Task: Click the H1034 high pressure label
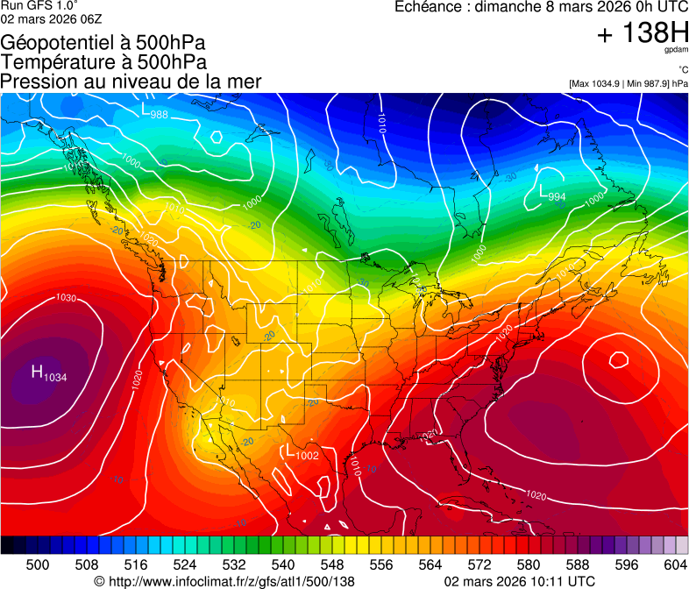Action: coord(49,373)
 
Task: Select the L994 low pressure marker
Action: coord(551,195)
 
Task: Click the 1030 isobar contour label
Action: coord(66,298)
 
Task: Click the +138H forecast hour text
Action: coord(642,34)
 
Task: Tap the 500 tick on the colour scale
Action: coord(38,565)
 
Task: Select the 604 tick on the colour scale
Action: coord(676,565)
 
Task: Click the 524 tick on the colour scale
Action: coord(185,565)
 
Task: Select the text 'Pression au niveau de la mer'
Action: coord(131,82)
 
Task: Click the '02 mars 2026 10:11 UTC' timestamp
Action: coord(520,581)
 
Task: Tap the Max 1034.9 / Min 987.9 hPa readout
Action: coord(629,84)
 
